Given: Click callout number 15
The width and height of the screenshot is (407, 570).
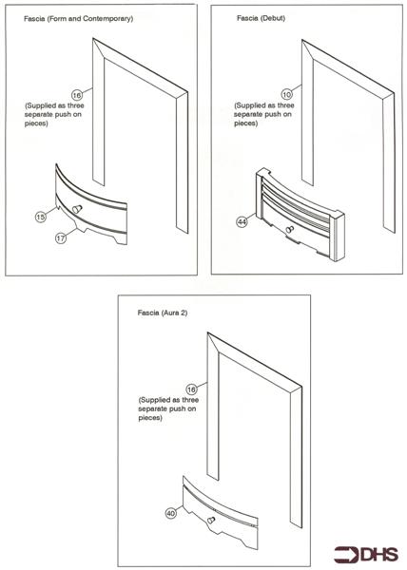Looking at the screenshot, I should pyautogui.click(x=40, y=218).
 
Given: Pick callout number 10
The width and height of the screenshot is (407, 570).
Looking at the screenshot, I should pyautogui.click(x=285, y=96).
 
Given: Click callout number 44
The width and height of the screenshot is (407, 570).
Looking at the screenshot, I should pyautogui.click(x=243, y=221).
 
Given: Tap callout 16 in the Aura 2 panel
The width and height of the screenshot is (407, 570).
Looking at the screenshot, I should pyautogui.click(x=191, y=389).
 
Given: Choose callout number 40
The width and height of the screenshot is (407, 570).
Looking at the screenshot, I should pyautogui.click(x=171, y=514).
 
